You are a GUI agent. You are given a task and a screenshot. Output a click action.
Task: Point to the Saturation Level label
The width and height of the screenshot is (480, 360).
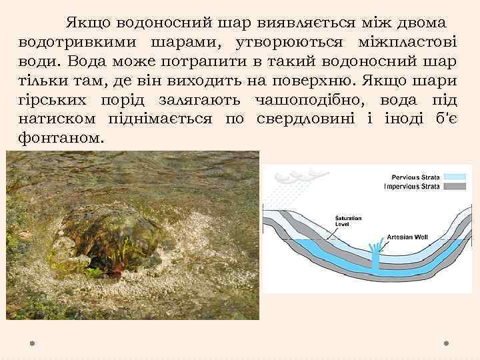point(345,223)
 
